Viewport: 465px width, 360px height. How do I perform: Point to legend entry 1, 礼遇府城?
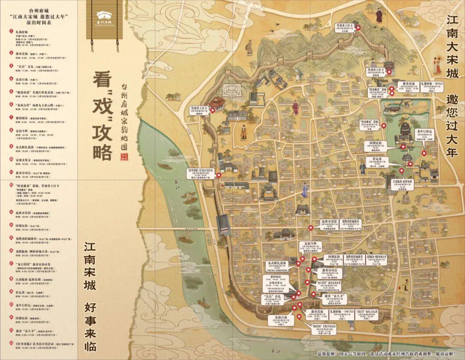[21, 32]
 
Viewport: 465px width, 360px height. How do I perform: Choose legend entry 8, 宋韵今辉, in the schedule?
[22, 130]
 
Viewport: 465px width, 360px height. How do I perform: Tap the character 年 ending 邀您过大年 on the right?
[451, 152]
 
